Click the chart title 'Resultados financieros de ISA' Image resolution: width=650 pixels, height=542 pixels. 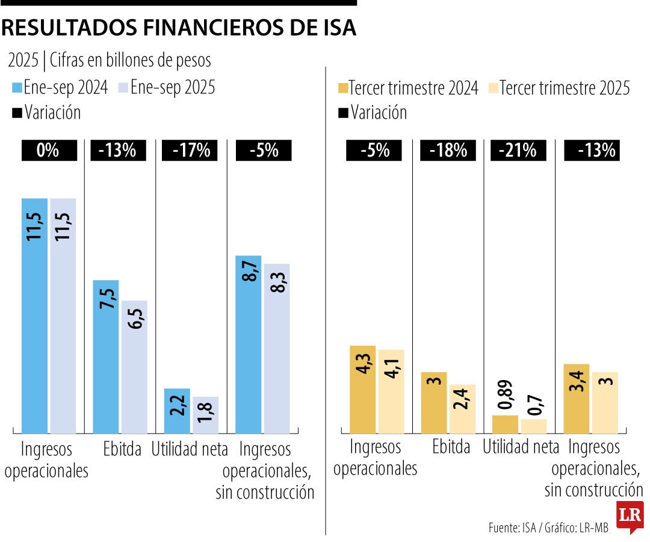[x=179, y=28]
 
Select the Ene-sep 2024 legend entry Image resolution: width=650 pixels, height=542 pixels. [x=60, y=88]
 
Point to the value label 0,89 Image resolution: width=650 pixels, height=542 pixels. [x=505, y=396]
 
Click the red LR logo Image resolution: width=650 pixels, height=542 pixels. [x=630, y=517]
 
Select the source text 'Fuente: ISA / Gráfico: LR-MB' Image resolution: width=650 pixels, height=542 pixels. [x=548, y=528]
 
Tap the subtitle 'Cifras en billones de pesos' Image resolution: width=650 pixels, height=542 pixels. [x=131, y=61]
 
